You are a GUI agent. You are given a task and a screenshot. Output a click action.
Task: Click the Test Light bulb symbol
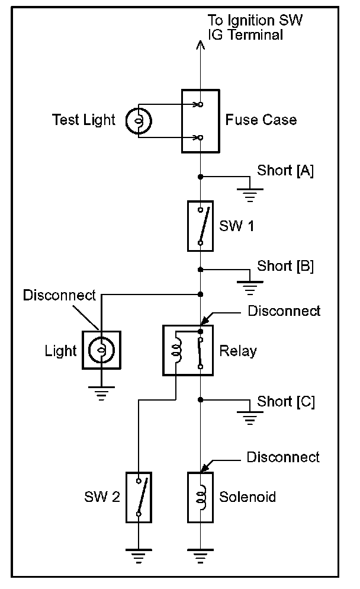coord(139,121)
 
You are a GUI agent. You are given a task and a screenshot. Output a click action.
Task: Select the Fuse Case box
coord(200,121)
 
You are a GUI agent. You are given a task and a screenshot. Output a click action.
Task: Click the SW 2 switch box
coord(139,497)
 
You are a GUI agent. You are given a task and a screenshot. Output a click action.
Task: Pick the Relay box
coord(188,350)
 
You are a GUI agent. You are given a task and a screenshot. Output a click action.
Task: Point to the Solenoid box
coord(200,497)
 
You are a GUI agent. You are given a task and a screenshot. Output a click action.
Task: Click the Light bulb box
coord(101,350)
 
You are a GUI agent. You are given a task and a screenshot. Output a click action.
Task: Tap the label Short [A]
coord(285,171)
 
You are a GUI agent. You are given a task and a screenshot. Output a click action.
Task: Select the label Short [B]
coord(285,265)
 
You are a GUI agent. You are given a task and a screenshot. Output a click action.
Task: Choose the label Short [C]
coord(286,402)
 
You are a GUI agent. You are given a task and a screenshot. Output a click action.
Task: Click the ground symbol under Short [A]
coord(250,193)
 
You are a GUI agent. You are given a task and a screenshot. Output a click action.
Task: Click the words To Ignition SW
coord(256,21)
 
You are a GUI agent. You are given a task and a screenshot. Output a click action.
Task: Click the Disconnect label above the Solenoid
coord(282,457)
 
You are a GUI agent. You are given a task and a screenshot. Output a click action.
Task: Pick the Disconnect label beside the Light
coord(59,295)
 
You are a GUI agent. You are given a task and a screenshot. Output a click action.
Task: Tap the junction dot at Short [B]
coord(201,270)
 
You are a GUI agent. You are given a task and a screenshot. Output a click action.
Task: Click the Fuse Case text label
coord(261,120)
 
